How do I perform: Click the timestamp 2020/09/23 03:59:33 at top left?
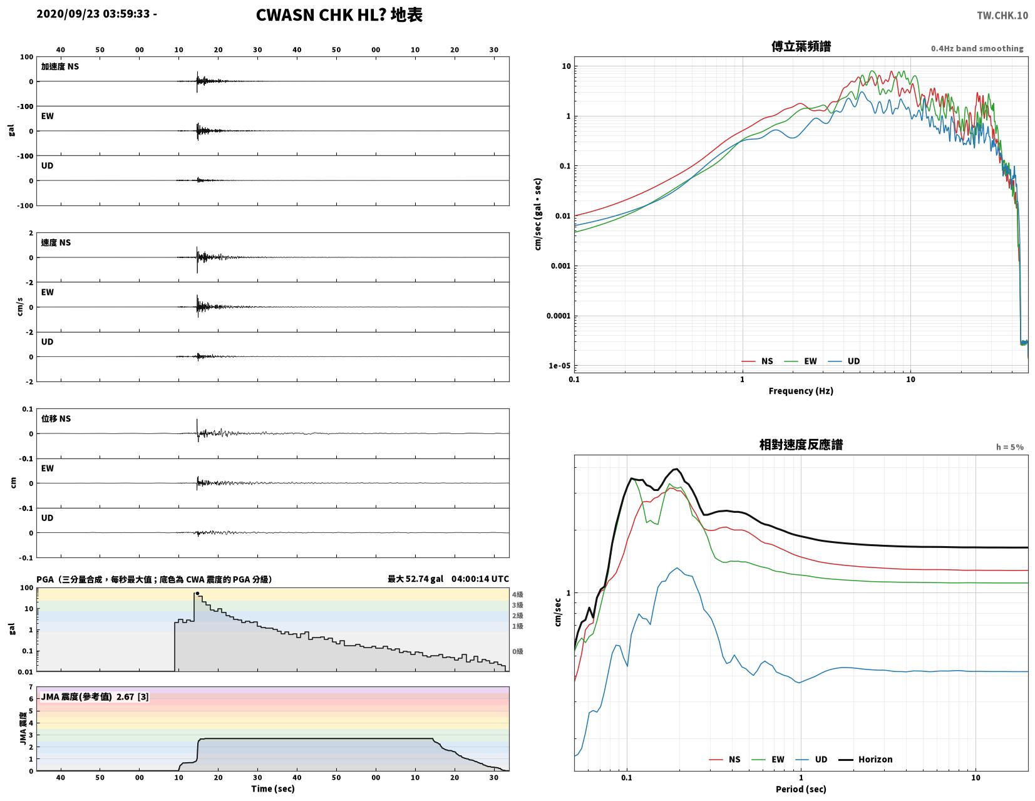click(93, 14)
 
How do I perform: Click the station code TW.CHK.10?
click(1002, 15)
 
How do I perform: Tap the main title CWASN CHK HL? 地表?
click(339, 15)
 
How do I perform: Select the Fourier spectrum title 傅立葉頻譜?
click(801, 46)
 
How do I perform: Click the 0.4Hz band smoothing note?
click(977, 48)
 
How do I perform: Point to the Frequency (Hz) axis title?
click(801, 391)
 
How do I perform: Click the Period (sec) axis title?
click(801, 788)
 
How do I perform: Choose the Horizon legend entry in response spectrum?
click(865, 759)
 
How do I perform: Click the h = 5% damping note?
click(1009, 447)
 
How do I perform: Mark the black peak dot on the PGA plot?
click(197, 593)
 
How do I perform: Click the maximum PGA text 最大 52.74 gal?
click(415, 579)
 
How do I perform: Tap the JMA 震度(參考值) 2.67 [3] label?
click(95, 696)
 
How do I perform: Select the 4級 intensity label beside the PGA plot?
click(517, 594)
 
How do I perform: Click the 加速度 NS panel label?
click(60, 66)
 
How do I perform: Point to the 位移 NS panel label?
click(56, 418)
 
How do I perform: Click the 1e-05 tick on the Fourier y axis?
click(559, 365)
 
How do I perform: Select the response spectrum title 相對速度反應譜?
click(801, 444)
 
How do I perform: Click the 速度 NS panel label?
click(56, 242)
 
